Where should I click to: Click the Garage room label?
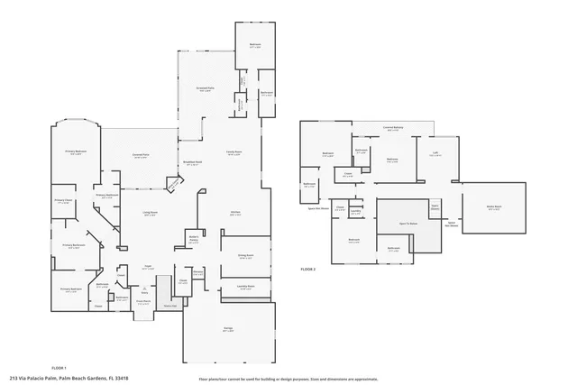point(229,329)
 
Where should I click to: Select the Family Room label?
point(233,153)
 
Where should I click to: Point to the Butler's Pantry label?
point(192,240)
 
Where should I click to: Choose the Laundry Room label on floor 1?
point(245,288)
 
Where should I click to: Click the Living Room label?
point(150,213)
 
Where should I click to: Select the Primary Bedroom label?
point(75,152)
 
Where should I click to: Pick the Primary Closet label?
point(62,202)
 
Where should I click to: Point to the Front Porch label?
point(142,303)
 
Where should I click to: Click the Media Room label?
point(494,207)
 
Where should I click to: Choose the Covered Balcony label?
point(393,128)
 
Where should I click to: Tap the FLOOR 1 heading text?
point(60,368)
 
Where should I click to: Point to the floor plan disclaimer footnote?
point(288,379)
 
